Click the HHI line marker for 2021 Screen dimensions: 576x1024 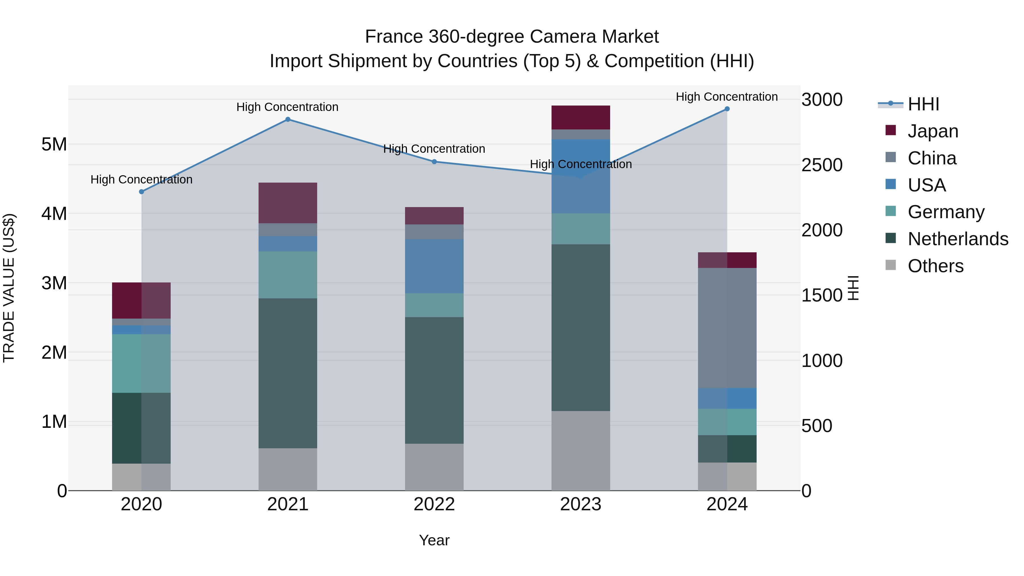click(x=288, y=119)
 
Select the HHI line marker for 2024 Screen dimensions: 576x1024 click(x=727, y=109)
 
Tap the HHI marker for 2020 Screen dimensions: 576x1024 click(x=142, y=192)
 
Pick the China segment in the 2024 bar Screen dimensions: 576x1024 click(x=727, y=328)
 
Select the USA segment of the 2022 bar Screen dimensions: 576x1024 click(x=434, y=266)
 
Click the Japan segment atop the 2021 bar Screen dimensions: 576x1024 click(x=288, y=203)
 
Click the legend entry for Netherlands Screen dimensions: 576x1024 click(x=958, y=239)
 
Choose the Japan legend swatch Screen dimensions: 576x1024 click(x=891, y=130)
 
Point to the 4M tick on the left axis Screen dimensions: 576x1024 click(x=54, y=213)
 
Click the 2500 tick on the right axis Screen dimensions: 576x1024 click(x=822, y=165)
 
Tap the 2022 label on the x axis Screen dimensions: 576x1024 click(x=434, y=504)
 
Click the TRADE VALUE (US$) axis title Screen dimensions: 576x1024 click(x=9, y=288)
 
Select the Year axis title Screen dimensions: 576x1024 click(x=434, y=540)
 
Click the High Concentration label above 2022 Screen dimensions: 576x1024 click(x=434, y=149)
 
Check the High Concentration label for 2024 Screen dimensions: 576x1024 click(x=727, y=97)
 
